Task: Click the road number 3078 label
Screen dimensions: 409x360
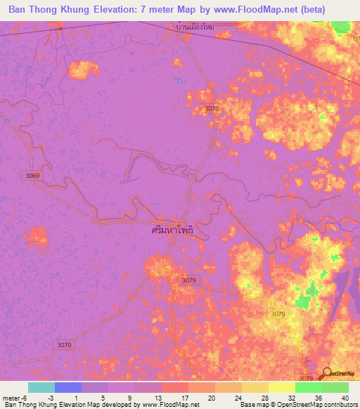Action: click(x=212, y=108)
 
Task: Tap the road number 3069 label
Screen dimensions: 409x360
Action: click(x=31, y=175)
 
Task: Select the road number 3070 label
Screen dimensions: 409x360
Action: click(x=65, y=344)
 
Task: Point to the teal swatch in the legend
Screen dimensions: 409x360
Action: click(x=41, y=387)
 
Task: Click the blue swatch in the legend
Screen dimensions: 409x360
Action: click(x=67, y=387)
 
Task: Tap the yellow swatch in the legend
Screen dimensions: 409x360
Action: click(x=281, y=387)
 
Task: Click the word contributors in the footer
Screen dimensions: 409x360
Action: click(x=338, y=404)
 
